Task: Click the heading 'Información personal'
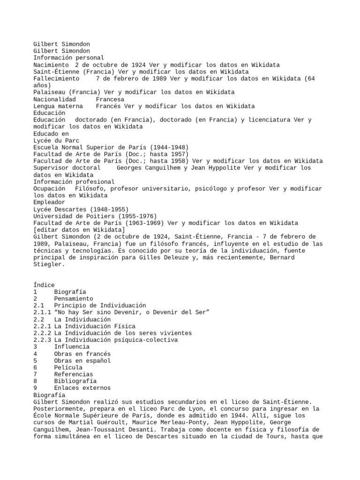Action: tap(68, 58)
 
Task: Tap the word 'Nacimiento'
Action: tap(50, 65)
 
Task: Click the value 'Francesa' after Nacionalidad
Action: tap(110, 99)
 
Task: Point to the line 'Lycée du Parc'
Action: tap(56, 140)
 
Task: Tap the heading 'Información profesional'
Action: tap(74, 181)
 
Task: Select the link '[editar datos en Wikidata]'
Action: tap(79, 230)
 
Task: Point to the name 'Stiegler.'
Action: tap(48, 264)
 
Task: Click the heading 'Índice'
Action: tap(44, 285)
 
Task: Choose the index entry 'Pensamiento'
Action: tap(74, 299)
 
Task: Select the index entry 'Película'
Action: tap(68, 367)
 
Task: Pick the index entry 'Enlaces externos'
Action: tap(82, 388)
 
